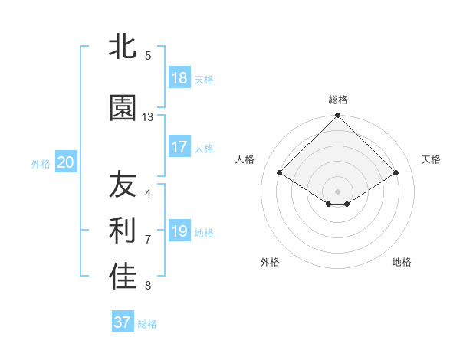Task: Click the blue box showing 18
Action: point(179,78)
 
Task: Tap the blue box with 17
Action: point(179,147)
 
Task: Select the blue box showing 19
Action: point(179,231)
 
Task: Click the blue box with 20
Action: point(66,162)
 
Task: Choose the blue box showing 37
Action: point(123,322)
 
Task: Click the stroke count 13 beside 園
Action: point(148,117)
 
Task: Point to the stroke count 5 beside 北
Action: point(148,55)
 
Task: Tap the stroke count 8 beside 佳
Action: point(148,286)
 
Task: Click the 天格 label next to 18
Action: point(204,79)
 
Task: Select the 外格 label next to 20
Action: point(41,163)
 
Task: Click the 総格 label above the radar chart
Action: point(338,100)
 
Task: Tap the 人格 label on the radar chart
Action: point(245,159)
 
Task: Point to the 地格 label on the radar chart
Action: point(402,262)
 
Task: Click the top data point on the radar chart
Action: point(338,116)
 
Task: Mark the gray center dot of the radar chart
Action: point(338,191)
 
